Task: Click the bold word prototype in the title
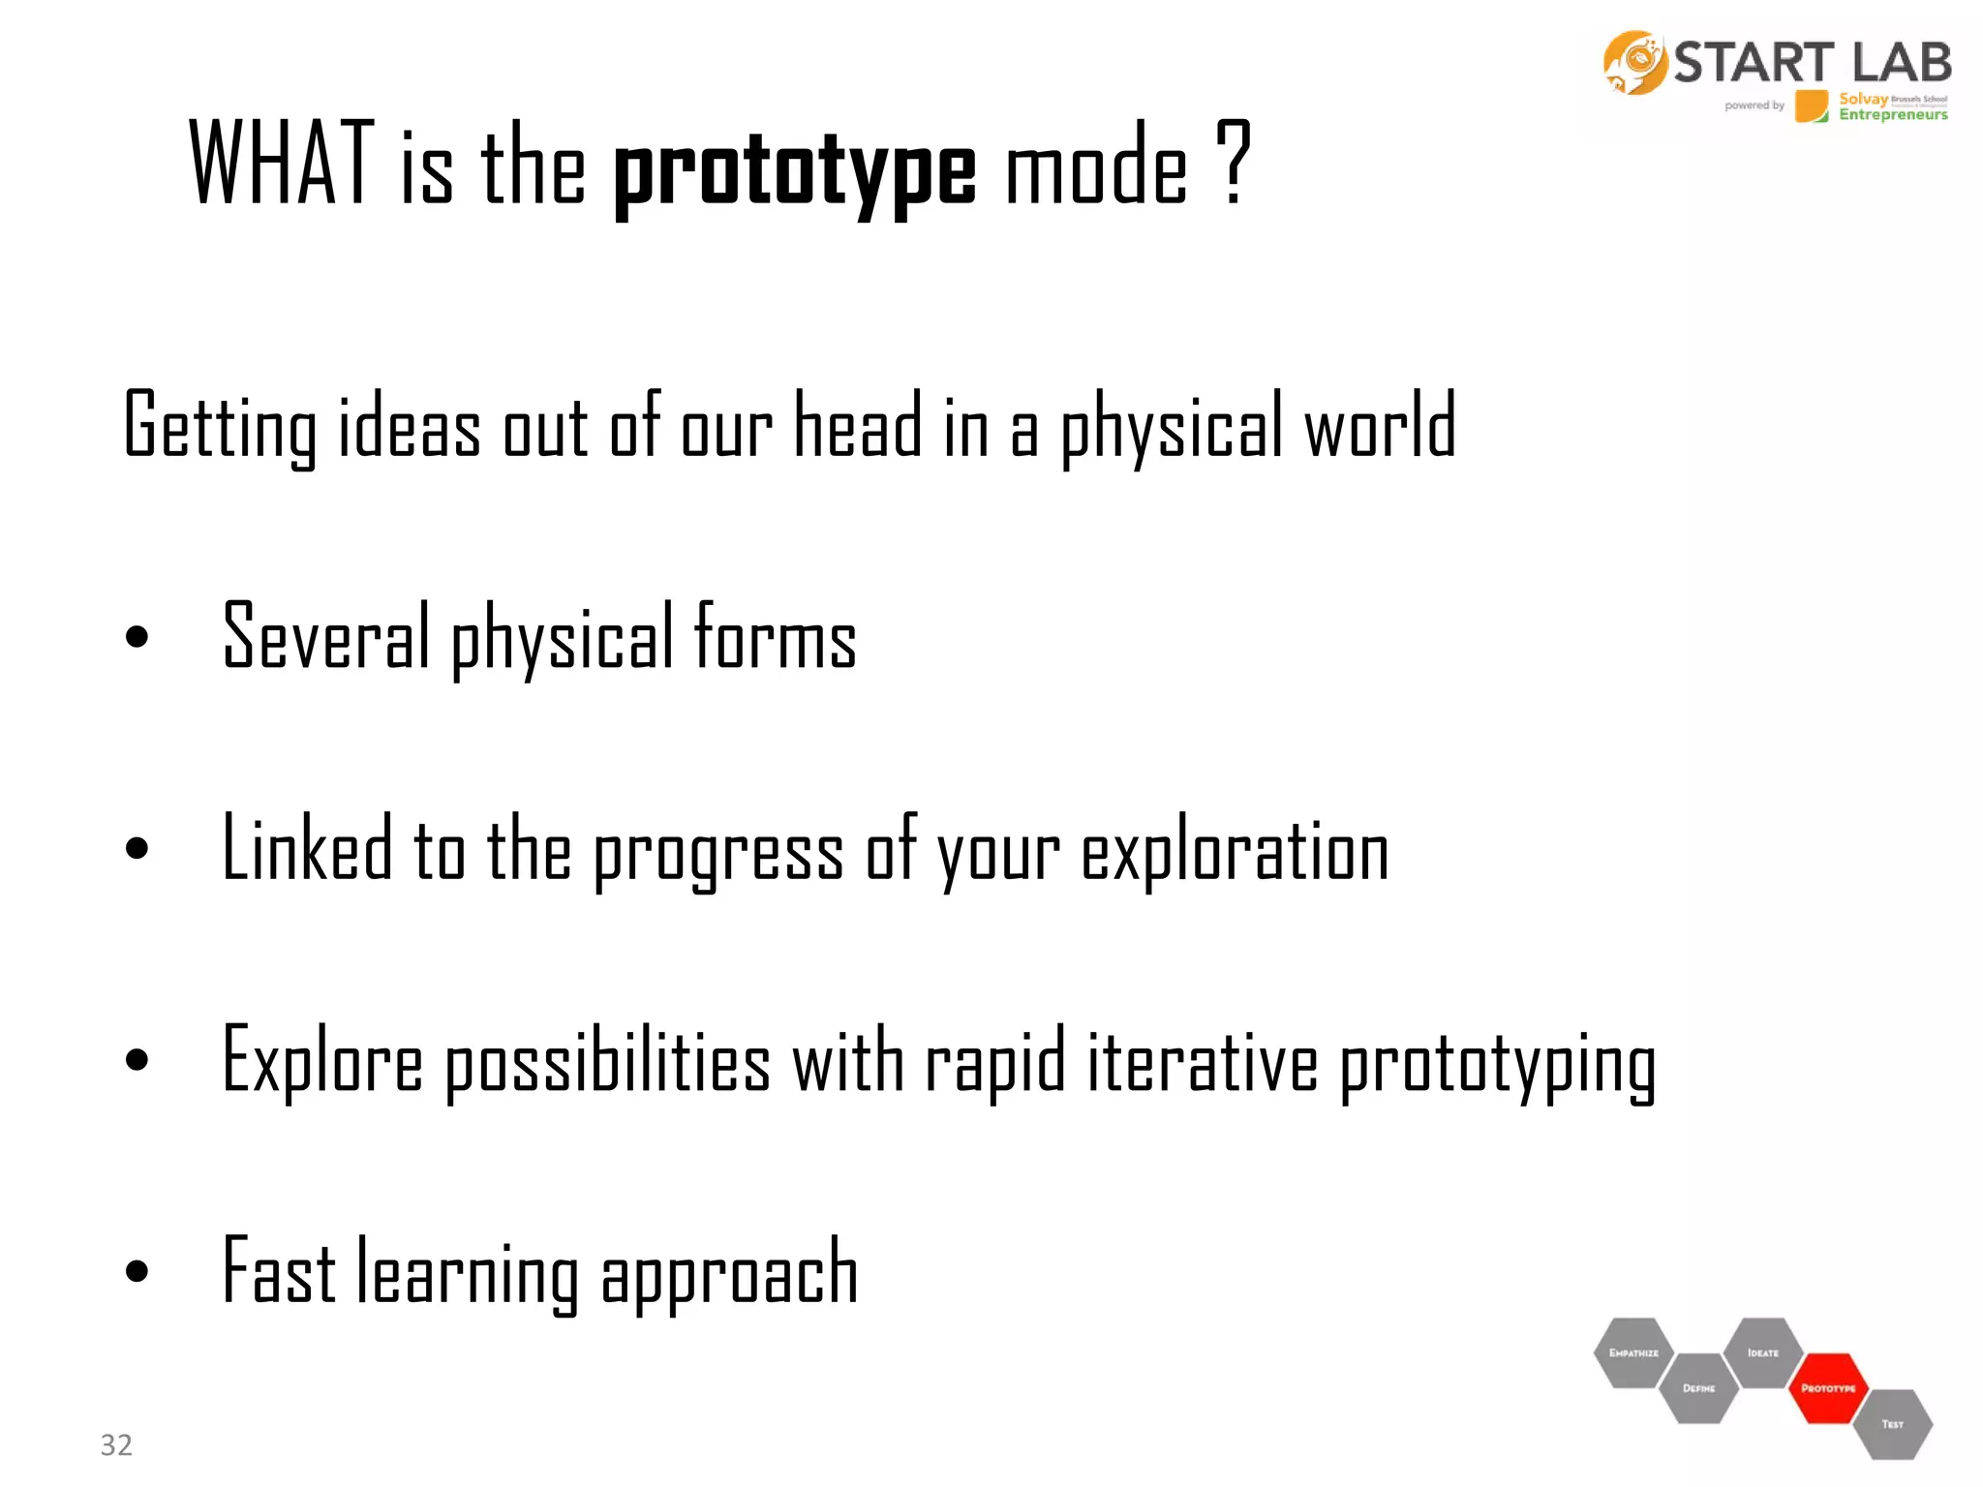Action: click(794, 169)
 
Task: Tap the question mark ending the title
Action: click(1234, 163)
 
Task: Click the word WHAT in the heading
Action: click(282, 163)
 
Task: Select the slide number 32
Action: click(116, 1444)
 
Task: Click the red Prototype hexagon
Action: click(1827, 1388)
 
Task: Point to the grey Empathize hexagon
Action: click(1633, 1352)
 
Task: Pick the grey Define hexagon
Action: click(1698, 1388)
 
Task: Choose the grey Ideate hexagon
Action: click(1763, 1352)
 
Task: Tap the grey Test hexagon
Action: click(1893, 1424)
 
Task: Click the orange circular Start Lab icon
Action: click(1634, 63)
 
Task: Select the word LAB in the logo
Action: click(1902, 63)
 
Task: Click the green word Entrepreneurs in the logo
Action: click(1893, 115)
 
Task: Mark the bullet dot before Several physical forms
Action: click(137, 636)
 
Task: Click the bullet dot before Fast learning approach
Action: click(137, 1270)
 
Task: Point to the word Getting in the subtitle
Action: click(220, 426)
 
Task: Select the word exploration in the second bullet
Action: click(1235, 850)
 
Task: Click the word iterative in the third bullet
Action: click(1203, 1062)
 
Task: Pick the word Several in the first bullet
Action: click(325, 636)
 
